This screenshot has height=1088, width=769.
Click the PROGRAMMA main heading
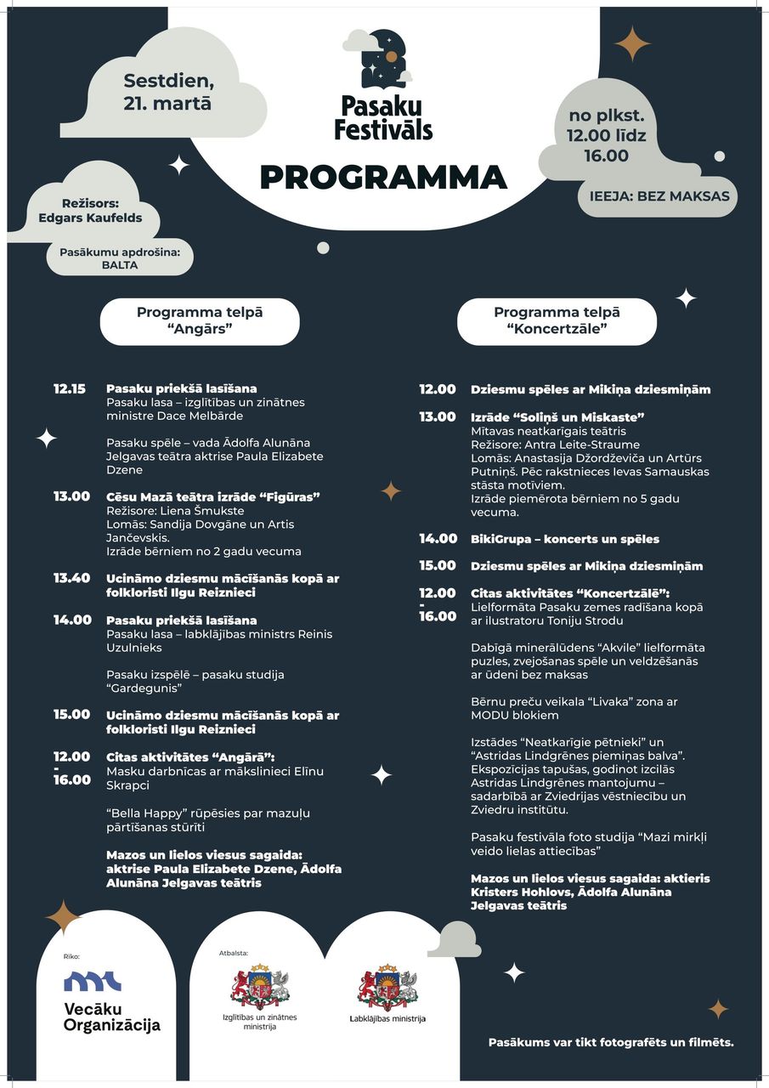click(383, 178)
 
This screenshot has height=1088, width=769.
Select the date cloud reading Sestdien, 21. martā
click(167, 93)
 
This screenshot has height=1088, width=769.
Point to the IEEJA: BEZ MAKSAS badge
click(659, 195)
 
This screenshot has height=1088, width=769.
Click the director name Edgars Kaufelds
click(90, 218)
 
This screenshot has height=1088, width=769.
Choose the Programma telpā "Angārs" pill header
click(200, 320)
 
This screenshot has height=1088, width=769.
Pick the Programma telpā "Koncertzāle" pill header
click(557, 320)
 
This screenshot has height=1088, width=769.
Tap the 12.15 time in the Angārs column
click(70, 389)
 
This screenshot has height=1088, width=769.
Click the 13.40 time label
click(71, 578)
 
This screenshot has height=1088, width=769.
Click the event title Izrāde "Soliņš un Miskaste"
click(557, 416)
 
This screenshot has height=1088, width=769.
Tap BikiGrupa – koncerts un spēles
click(565, 539)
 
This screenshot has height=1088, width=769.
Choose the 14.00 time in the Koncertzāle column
click(437, 539)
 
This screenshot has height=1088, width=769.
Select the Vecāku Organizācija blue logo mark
click(93, 982)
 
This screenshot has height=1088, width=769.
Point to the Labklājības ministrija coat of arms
click(387, 987)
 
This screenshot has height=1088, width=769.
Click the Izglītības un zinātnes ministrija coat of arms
click(260, 987)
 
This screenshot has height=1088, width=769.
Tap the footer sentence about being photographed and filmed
click(611, 1042)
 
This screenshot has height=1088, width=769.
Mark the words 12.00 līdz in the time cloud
click(605, 134)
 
